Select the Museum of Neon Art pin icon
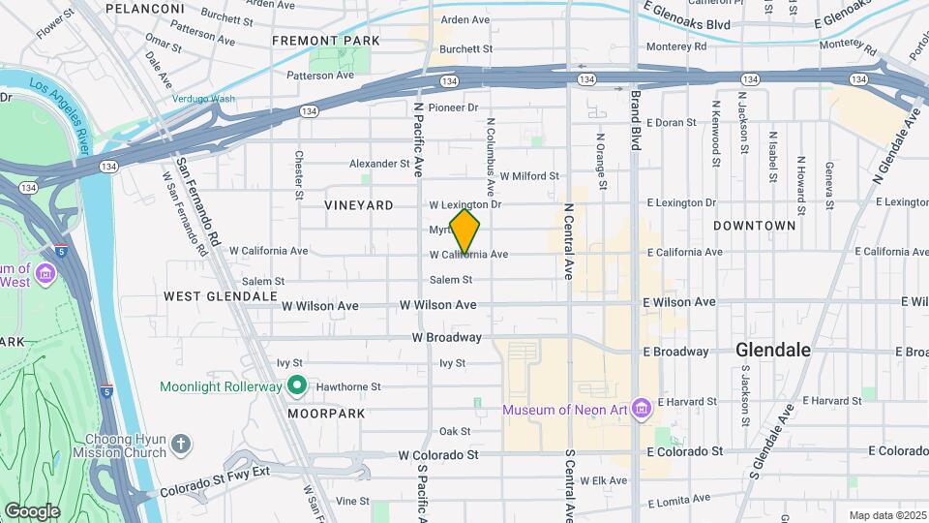tap(639, 410)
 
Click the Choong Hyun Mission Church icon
tap(180, 445)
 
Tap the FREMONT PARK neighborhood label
tap(314, 41)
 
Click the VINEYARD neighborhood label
tap(359, 205)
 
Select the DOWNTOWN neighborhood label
tap(754, 226)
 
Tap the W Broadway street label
tap(446, 338)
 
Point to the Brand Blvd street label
tap(636, 121)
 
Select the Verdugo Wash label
tap(203, 99)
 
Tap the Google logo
tap(32, 510)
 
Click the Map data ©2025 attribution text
tap(886, 515)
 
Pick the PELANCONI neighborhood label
tap(144, 8)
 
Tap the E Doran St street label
tap(671, 123)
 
